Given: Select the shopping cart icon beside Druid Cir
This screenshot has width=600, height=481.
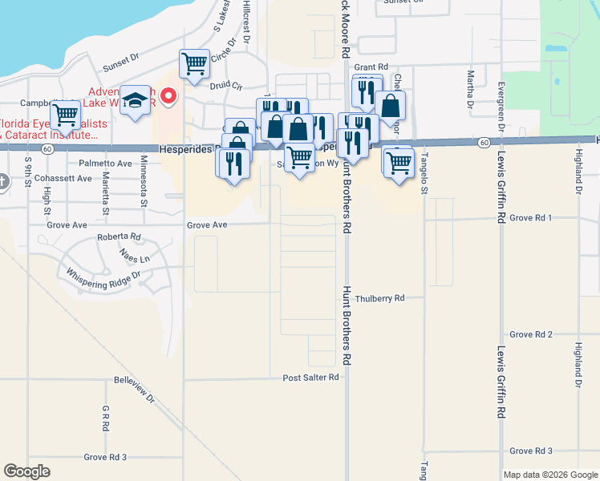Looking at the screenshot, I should (x=194, y=63).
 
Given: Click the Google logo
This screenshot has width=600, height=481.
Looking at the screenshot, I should (x=27, y=471).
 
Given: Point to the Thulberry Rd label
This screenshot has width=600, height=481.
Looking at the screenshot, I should (x=379, y=297).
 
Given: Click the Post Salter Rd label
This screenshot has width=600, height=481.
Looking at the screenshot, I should (x=311, y=377).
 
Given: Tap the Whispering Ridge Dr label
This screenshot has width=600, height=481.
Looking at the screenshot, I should (x=104, y=274).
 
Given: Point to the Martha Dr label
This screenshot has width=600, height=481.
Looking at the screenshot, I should (x=470, y=89).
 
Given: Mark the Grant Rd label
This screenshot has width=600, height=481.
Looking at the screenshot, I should (x=371, y=67).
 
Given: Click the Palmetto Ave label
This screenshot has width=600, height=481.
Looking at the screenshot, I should (x=105, y=163).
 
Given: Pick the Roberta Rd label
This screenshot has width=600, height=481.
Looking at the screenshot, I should (x=118, y=237).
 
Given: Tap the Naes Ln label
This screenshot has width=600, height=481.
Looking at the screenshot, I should (x=134, y=258).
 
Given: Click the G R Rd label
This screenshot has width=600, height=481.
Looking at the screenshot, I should (x=106, y=418).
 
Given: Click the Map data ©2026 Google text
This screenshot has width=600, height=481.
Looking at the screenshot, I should (x=549, y=475).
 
